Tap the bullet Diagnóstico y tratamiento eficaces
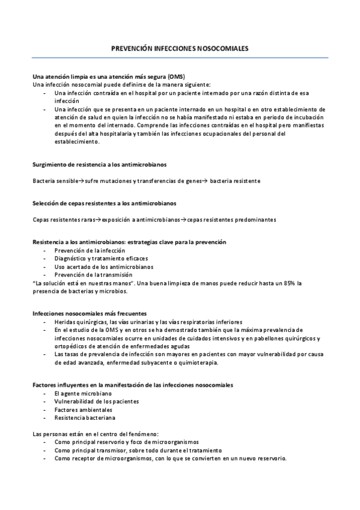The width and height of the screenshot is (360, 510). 93,258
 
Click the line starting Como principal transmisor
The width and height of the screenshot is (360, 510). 138,450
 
